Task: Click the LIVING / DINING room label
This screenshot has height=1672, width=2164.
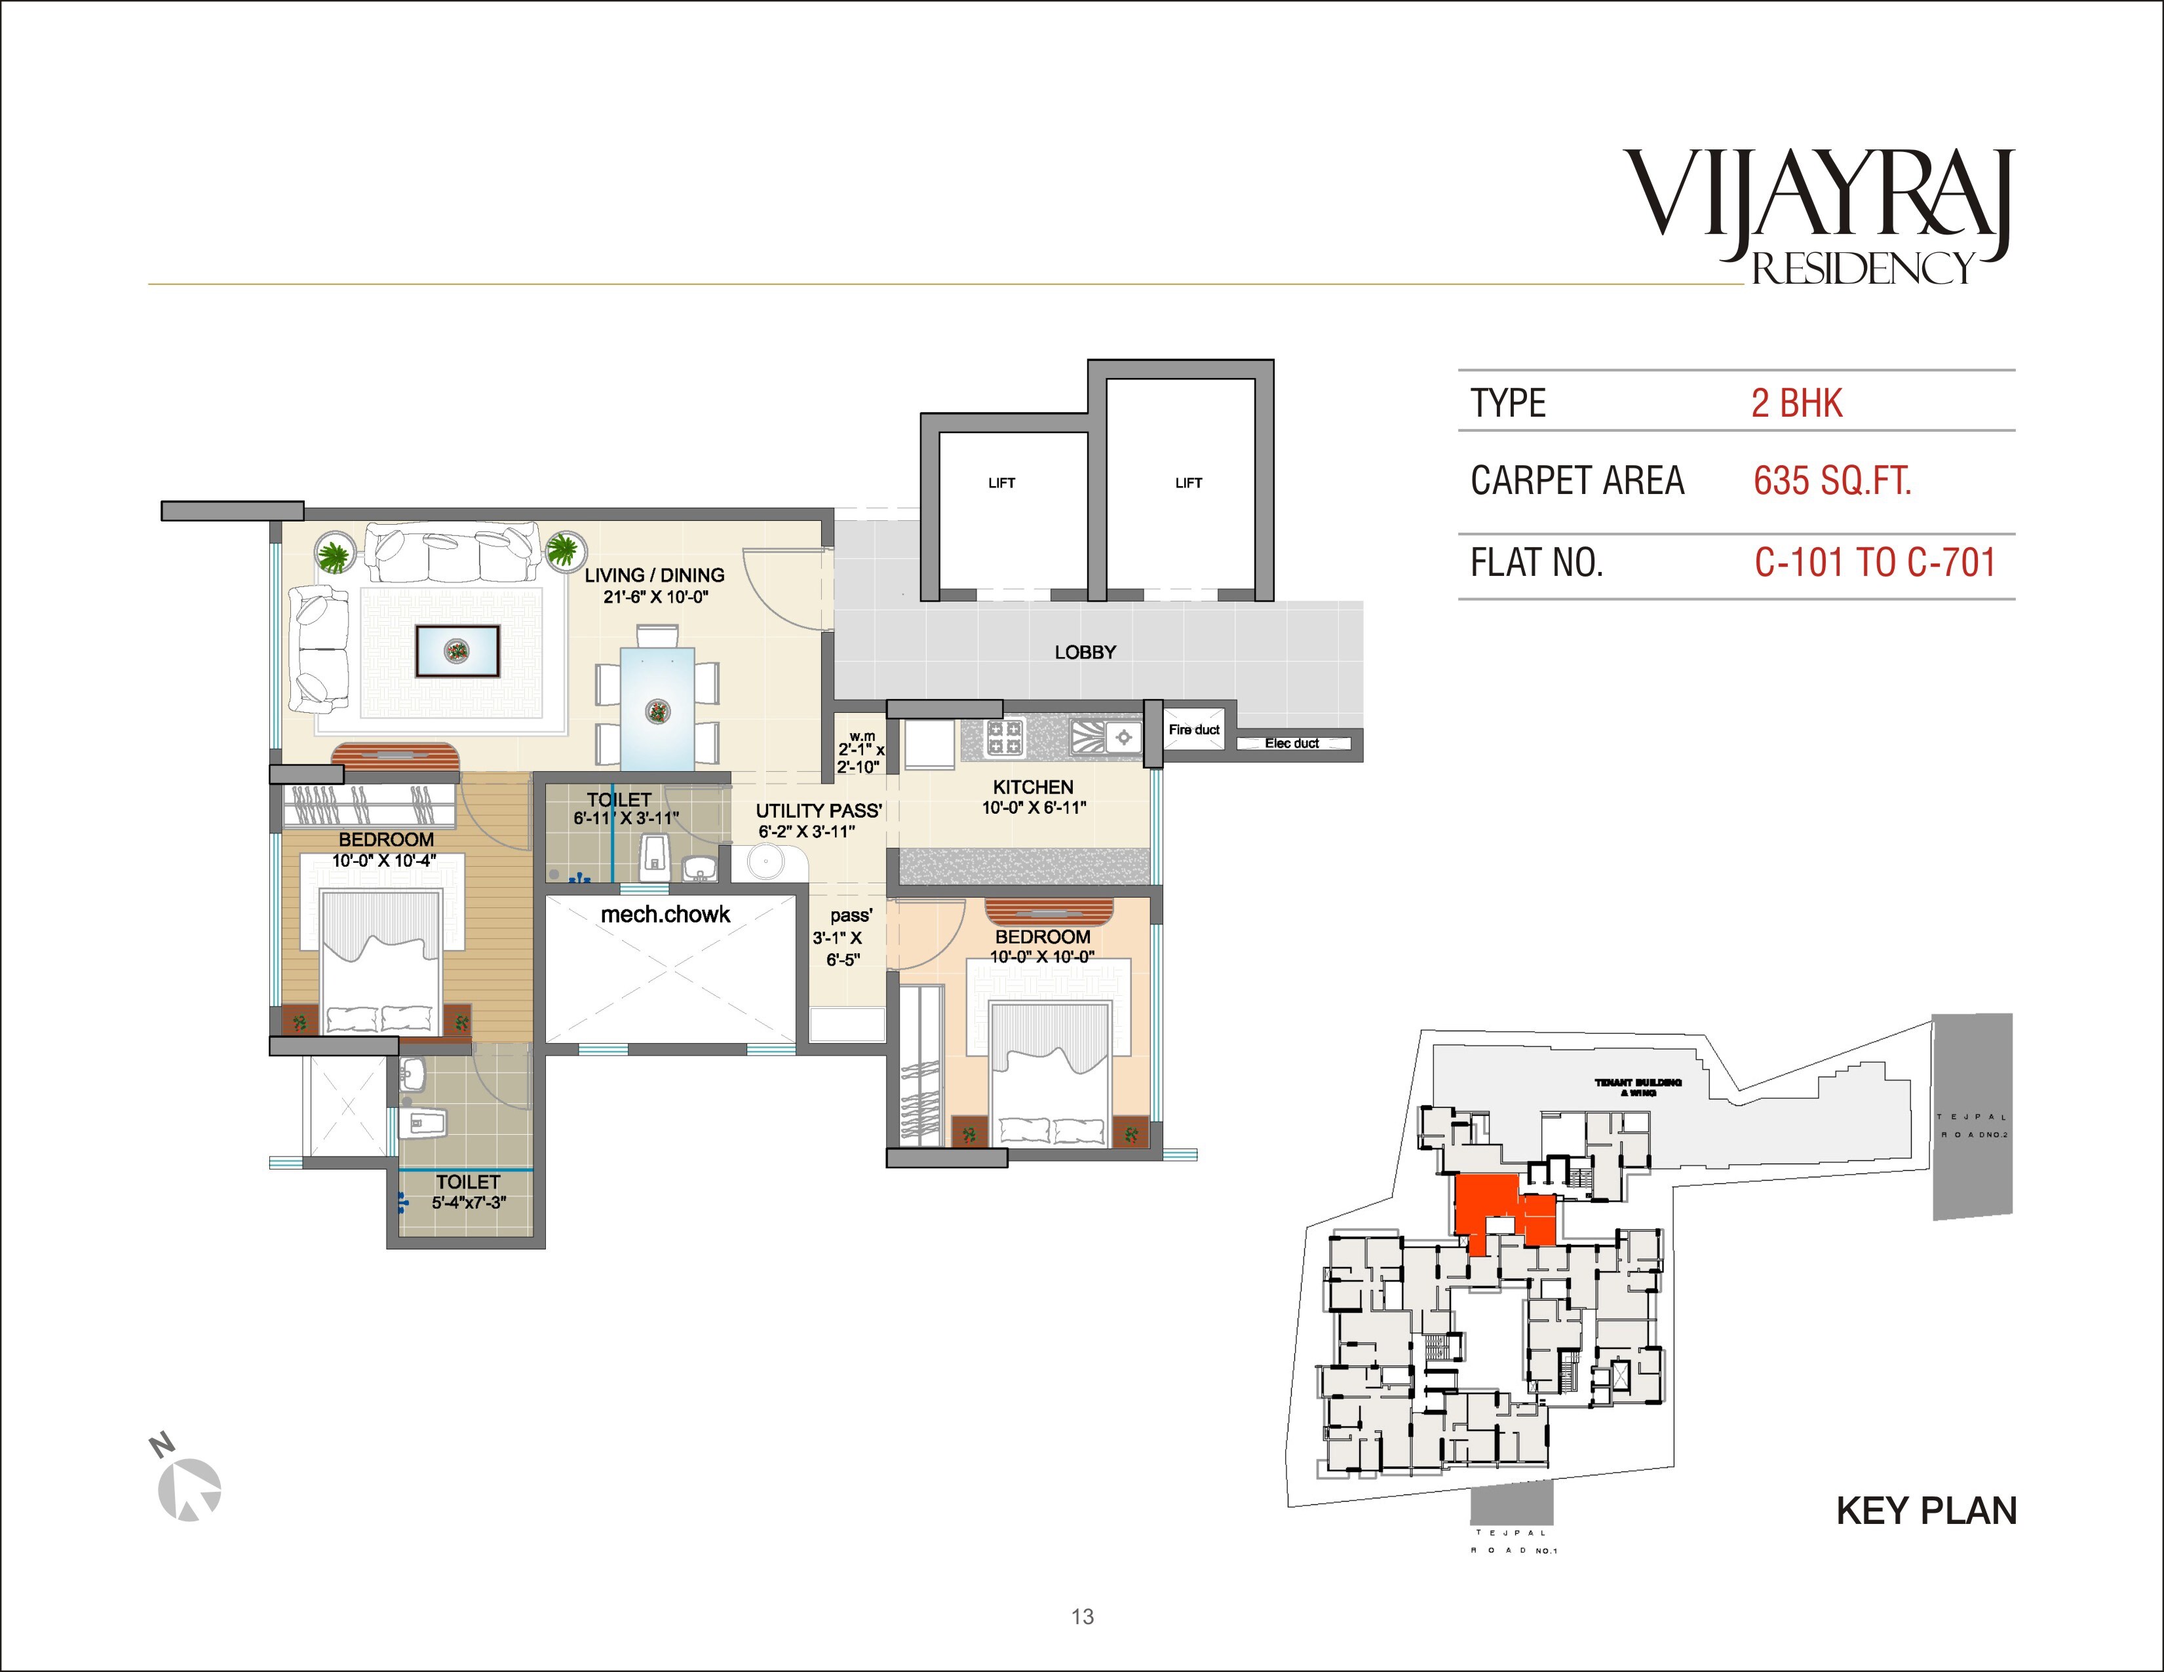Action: (x=654, y=575)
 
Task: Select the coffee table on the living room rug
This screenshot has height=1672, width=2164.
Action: (x=457, y=651)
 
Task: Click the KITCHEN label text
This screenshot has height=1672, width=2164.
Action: (x=1032, y=786)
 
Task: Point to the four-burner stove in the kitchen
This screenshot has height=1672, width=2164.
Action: (x=1004, y=737)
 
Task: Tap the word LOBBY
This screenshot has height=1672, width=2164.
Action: (x=1085, y=653)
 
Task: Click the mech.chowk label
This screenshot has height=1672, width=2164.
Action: (x=665, y=914)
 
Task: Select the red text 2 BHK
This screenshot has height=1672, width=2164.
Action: (x=1796, y=403)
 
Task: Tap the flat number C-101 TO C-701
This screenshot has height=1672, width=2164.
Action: (x=1874, y=563)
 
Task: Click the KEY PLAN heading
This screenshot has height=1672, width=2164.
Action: (x=1925, y=1511)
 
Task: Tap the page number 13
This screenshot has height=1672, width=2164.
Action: (x=1082, y=1616)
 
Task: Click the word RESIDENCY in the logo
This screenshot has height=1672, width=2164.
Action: (x=1863, y=269)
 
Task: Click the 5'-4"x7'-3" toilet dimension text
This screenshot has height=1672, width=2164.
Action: (x=468, y=1202)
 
